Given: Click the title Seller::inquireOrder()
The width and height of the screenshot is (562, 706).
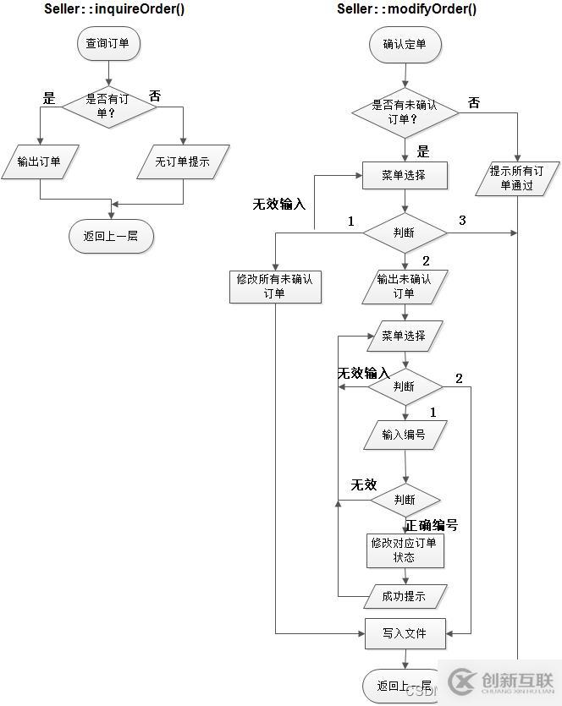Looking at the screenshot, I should coord(114,9).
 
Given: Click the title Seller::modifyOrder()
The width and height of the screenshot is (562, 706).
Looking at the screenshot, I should coord(406,9).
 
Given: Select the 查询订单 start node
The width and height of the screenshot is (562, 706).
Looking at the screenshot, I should coord(107,43).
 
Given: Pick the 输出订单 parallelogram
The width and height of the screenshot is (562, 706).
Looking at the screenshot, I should coord(39,161).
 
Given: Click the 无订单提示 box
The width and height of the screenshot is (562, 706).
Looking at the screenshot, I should coord(182,161).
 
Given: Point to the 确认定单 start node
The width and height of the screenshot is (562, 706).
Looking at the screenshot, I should coord(405,44).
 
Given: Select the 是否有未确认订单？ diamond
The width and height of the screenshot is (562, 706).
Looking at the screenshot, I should coord(405,112).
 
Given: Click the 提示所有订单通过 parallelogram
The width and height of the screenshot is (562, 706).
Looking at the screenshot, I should coord(515,178).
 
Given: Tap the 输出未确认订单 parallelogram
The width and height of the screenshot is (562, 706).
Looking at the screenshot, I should coord(404,287).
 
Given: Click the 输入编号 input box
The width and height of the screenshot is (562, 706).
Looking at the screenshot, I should coord(404,435).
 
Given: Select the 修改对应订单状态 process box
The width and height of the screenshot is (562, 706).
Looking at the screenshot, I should coord(404,550).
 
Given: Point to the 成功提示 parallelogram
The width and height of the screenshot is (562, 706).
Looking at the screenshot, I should coord(404,595).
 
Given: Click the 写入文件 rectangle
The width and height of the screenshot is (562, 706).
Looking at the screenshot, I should coord(404,633).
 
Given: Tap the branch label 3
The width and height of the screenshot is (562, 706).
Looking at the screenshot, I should coord(462,222).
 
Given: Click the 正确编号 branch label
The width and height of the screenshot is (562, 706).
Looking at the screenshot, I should coord(432,525).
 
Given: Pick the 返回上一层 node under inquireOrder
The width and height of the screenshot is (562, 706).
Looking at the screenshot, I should coord(110,236).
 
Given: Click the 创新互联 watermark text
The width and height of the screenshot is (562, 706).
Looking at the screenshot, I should coord(516,680).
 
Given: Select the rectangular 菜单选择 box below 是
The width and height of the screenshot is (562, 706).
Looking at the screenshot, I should coord(404,176).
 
